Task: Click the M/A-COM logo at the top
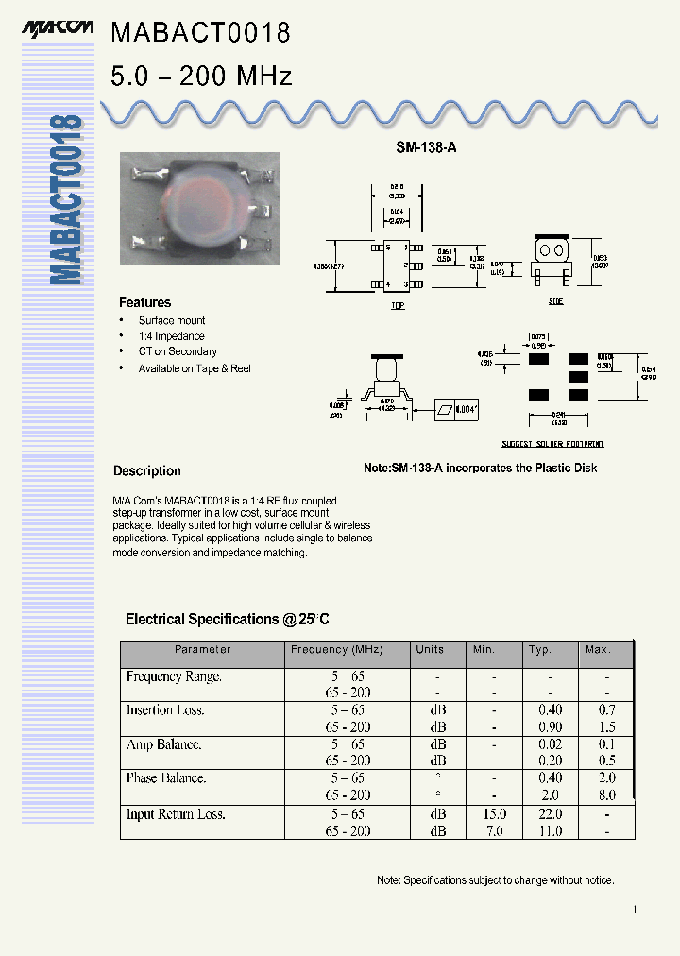58,29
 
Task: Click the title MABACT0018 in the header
200,34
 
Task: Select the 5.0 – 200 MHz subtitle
201,77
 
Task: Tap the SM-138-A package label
425,148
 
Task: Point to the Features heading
144,302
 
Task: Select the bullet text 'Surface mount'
172,321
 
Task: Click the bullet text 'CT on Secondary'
178,351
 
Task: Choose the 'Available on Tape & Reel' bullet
195,368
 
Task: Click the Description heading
147,470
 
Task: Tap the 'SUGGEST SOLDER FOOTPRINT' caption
552,444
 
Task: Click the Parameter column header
202,650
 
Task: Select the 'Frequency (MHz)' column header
336,650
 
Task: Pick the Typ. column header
540,650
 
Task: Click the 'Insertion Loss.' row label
165,710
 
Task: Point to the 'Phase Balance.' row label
166,778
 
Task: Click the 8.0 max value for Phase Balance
606,795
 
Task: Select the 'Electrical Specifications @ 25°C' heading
228,620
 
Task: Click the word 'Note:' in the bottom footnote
389,880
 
